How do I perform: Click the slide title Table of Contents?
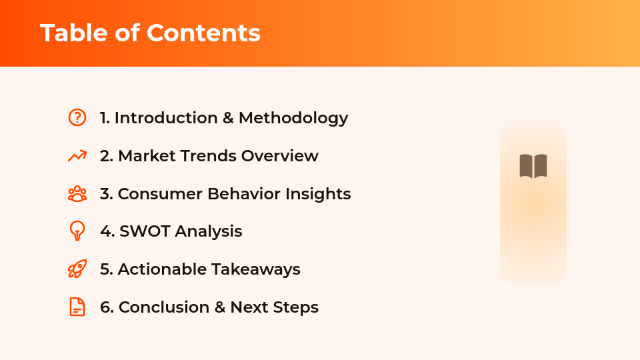tap(150, 33)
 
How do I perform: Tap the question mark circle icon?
tap(77, 117)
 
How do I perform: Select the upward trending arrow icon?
tap(77, 156)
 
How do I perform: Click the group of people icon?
tap(77, 194)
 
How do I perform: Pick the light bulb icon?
tap(77, 231)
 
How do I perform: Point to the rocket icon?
tap(77, 269)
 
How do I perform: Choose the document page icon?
tap(77, 307)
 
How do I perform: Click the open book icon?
tap(533, 166)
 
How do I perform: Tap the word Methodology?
tap(293, 118)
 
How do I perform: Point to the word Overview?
tap(280, 156)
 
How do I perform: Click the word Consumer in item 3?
tap(160, 194)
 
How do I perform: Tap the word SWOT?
tap(145, 231)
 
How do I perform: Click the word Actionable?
tap(162, 269)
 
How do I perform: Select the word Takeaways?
tap(256, 269)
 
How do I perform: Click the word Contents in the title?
tap(204, 33)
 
